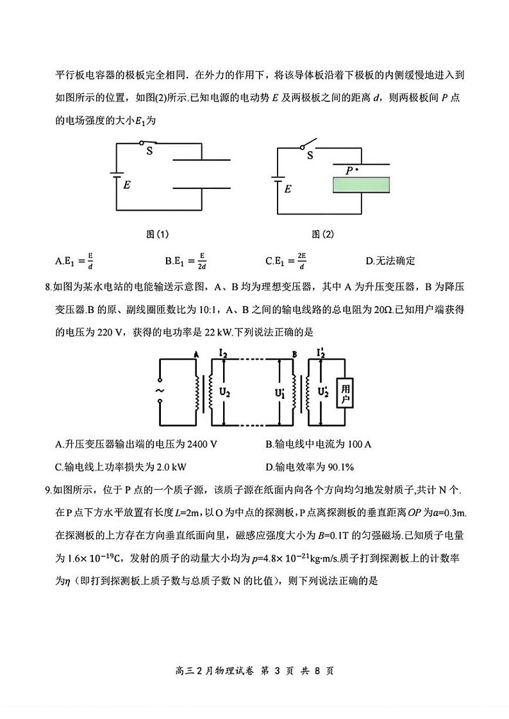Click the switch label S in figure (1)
(149, 151)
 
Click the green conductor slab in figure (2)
(361, 185)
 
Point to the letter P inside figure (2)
(349, 171)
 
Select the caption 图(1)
(158, 234)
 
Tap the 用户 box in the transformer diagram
(346, 394)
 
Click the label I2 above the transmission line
(223, 353)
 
